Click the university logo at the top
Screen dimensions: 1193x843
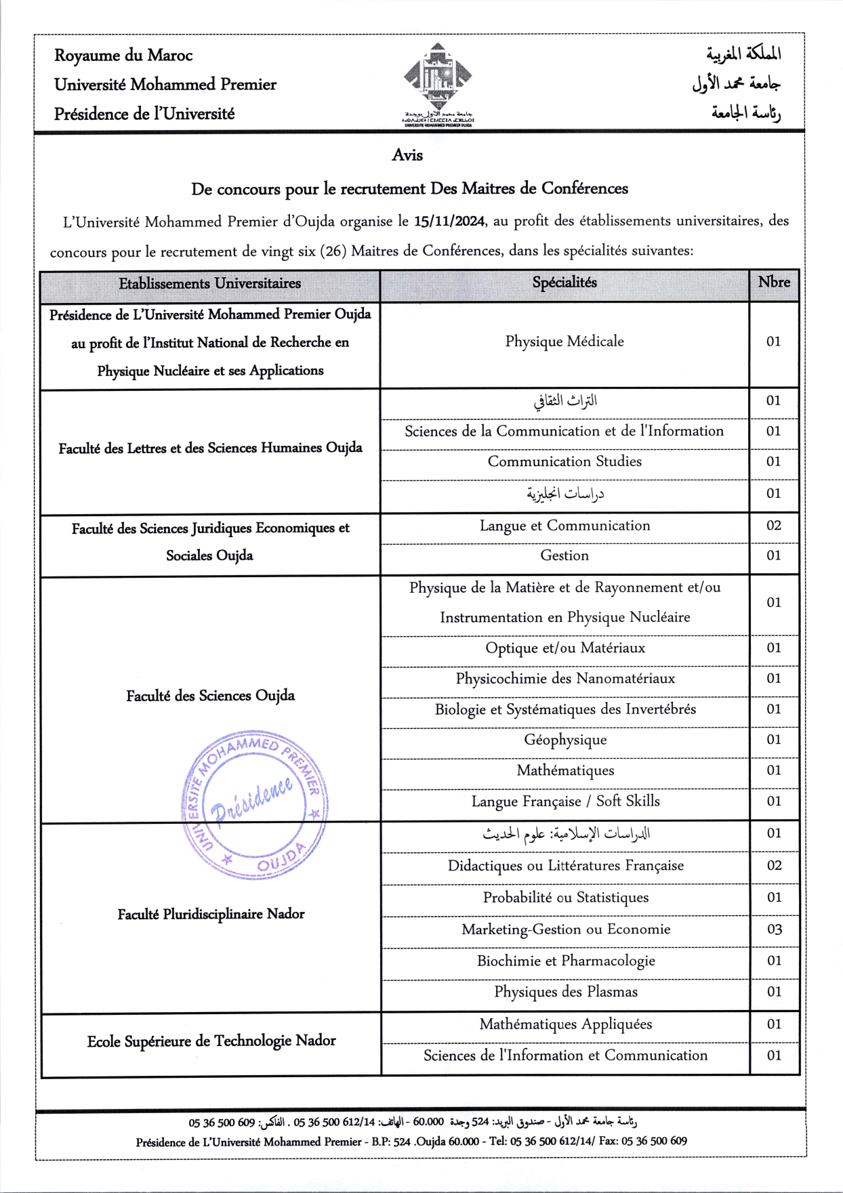(x=438, y=84)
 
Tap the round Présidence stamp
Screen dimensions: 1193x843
(x=255, y=805)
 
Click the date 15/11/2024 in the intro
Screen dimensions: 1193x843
(x=450, y=221)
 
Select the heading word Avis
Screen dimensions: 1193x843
(x=407, y=155)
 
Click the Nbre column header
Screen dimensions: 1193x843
(x=774, y=282)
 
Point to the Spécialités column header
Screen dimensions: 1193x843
(x=564, y=282)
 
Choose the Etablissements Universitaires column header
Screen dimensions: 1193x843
(x=210, y=283)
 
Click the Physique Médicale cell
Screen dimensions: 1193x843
(x=564, y=341)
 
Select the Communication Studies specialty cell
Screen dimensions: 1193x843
(x=564, y=461)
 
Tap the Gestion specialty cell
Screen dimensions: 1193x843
(x=564, y=556)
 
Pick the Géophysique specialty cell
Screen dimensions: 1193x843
(x=565, y=740)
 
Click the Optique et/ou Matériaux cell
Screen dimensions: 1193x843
(x=565, y=648)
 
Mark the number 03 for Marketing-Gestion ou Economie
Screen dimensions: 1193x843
(x=774, y=929)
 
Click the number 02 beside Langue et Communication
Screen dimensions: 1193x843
(x=774, y=526)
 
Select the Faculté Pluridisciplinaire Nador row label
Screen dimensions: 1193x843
(x=211, y=915)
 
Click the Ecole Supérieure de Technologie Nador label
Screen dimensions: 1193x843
(x=211, y=1041)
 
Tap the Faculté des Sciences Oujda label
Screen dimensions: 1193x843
(x=210, y=696)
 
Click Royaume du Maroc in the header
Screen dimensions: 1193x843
(x=123, y=56)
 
